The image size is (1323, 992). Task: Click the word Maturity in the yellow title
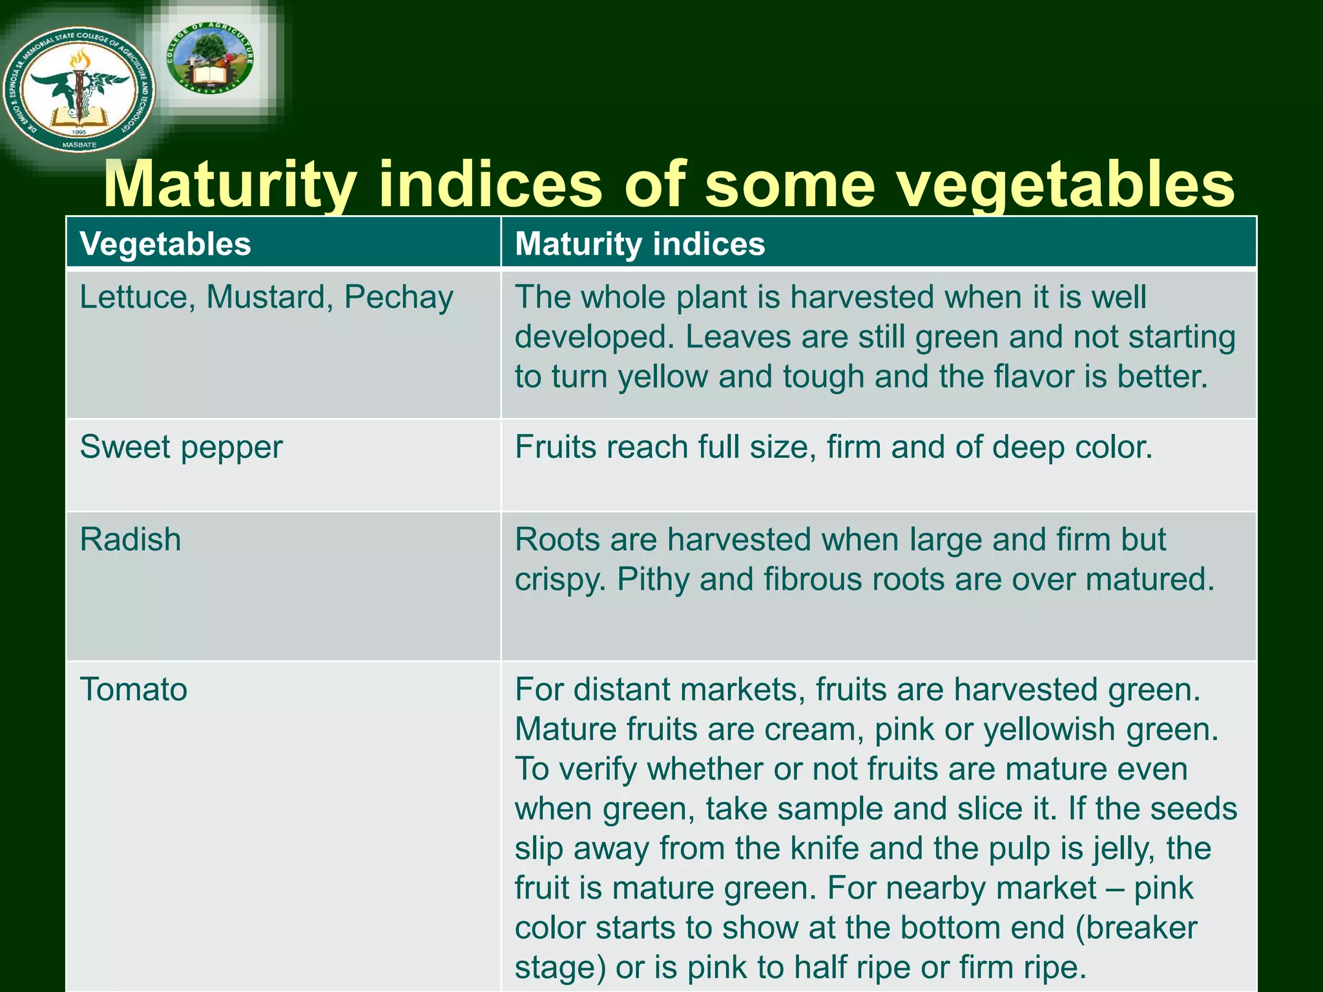coord(229,185)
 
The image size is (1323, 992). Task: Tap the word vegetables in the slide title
coord(1066,185)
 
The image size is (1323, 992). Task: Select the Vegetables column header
coord(165,244)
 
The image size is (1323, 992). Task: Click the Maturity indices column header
coord(640,244)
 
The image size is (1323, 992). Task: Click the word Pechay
coord(399,298)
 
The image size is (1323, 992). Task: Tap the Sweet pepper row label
coord(182,447)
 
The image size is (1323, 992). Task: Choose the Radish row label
coord(130,539)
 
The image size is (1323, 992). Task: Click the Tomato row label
coord(134,689)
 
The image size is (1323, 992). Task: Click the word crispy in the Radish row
coord(560,579)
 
